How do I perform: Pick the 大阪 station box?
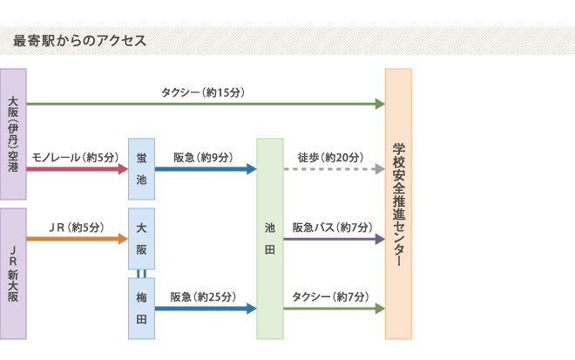[x=142, y=238]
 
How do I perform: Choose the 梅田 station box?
[x=142, y=308]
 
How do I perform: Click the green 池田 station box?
[x=270, y=238]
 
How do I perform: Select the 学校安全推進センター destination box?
[x=398, y=203]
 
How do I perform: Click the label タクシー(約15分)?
[x=202, y=92]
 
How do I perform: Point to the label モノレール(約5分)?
[x=74, y=157]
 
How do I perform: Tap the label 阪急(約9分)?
[x=203, y=157]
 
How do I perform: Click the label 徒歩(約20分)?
[x=330, y=157]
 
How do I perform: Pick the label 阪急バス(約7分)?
[x=331, y=227]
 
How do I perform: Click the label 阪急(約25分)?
[x=203, y=296]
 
